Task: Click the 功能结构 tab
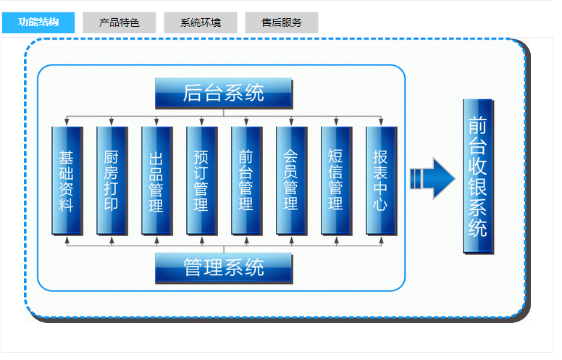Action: pyautogui.click(x=38, y=23)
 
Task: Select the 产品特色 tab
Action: pyautogui.click(x=119, y=23)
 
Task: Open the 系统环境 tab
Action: pyautogui.click(x=200, y=23)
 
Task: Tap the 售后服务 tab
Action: pyautogui.click(x=281, y=23)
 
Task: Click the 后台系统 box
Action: pyautogui.click(x=223, y=93)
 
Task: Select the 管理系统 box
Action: pyautogui.click(x=223, y=267)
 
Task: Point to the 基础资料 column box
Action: pyautogui.click(x=67, y=180)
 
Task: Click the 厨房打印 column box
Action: pyautogui.click(x=112, y=180)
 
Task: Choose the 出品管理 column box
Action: pyautogui.click(x=156, y=180)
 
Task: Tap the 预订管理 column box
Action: pyautogui.click(x=201, y=180)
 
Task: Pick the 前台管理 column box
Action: pyautogui.click(x=246, y=180)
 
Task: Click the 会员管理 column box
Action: pyautogui.click(x=291, y=180)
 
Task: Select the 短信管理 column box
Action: pyautogui.click(x=336, y=180)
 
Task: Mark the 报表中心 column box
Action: pyautogui.click(x=381, y=180)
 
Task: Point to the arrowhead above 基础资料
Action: pyautogui.click(x=67, y=122)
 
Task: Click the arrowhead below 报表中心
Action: pyautogui.click(x=381, y=239)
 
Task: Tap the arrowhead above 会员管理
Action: pyautogui.click(x=291, y=122)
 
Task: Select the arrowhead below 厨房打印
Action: pyautogui.click(x=112, y=239)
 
